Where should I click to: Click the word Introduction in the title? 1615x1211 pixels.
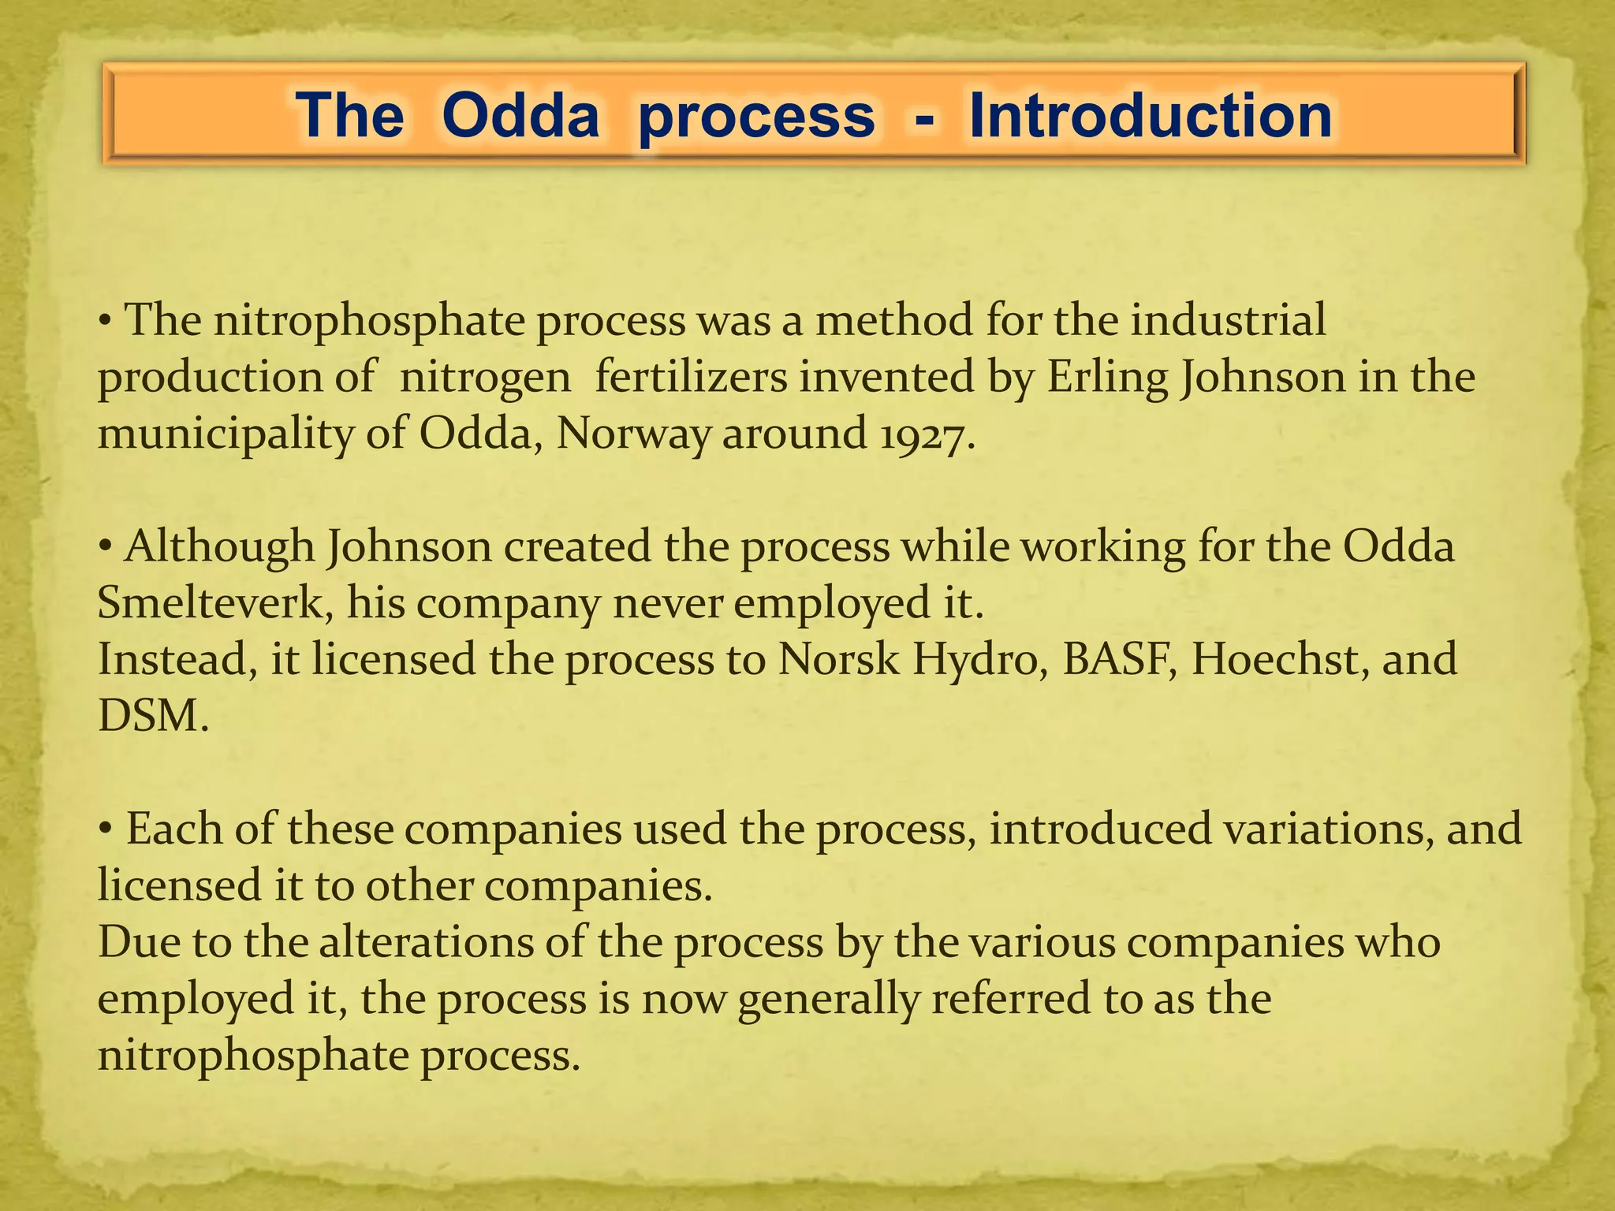click(x=1151, y=117)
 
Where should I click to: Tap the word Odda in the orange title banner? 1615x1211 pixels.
click(x=520, y=117)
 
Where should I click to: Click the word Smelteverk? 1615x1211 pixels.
click(x=211, y=604)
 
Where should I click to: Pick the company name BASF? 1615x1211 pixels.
click(x=1118, y=659)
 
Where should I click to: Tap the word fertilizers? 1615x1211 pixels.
click(x=691, y=377)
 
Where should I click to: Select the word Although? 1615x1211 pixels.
click(x=219, y=548)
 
